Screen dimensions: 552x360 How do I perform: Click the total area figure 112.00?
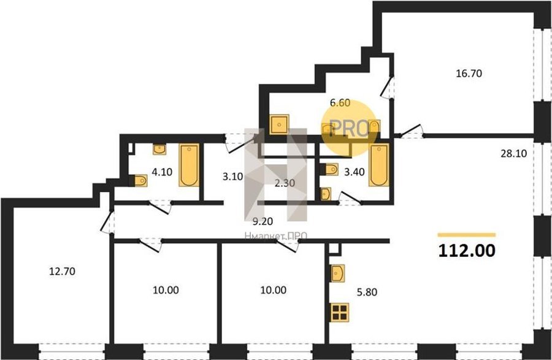tap(467, 251)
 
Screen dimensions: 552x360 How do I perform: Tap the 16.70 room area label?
tap(469, 74)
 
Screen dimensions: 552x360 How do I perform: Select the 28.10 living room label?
tap(513, 153)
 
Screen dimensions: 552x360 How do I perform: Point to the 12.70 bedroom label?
tap(62, 271)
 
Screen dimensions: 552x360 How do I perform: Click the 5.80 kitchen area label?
tap(367, 292)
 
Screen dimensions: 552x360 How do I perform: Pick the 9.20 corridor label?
tap(263, 221)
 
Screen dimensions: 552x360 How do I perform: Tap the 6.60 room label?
tap(340, 103)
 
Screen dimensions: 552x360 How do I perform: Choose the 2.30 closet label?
tap(285, 183)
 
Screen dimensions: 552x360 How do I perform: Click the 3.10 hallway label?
tap(233, 176)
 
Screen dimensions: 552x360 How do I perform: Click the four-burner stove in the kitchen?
tap(340, 312)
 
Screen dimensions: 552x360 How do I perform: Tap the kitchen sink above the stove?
tap(338, 273)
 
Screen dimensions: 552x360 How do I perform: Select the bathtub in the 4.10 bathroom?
tap(190, 165)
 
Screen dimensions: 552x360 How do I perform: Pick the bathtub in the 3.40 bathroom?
tap(379, 165)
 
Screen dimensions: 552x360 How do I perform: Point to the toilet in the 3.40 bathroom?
tap(331, 169)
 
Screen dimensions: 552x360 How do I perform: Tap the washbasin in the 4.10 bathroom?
tap(159, 150)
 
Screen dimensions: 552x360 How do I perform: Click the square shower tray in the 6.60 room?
tap(280, 124)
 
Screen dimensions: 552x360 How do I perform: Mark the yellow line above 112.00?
tap(467, 235)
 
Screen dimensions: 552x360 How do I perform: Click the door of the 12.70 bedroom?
tap(106, 221)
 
